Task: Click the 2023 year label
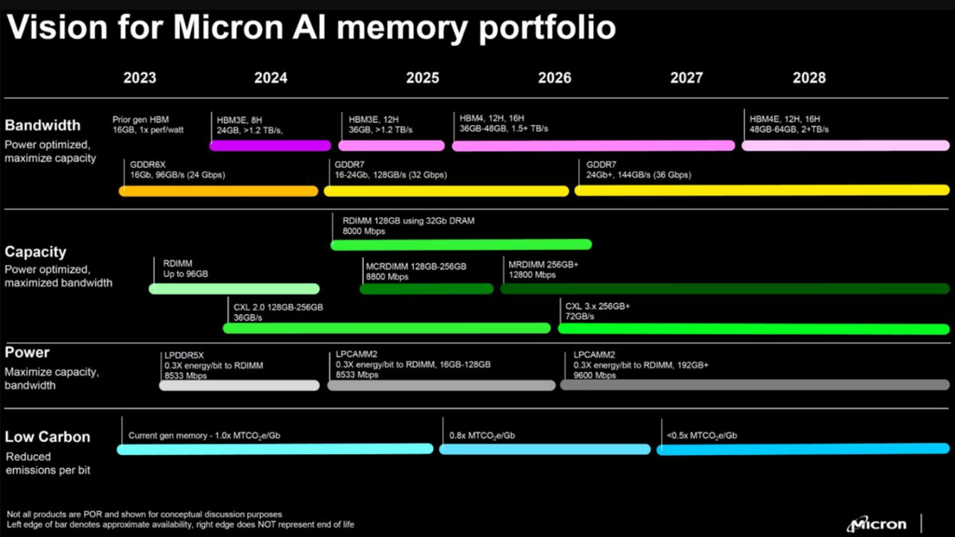(x=139, y=78)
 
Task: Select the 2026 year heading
(x=555, y=78)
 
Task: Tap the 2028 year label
(x=809, y=78)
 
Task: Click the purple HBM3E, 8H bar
(x=270, y=145)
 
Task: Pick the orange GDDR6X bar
(x=218, y=191)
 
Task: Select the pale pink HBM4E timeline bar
(x=845, y=145)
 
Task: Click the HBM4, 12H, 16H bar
(x=593, y=145)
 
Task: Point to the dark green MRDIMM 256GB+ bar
(x=727, y=289)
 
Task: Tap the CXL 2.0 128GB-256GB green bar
(x=386, y=328)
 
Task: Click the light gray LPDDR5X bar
(x=240, y=385)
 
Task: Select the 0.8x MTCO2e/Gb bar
(x=545, y=449)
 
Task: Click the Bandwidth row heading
(x=43, y=125)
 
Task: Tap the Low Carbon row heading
(x=48, y=436)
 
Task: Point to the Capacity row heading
(x=35, y=252)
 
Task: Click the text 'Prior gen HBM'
(x=142, y=118)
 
